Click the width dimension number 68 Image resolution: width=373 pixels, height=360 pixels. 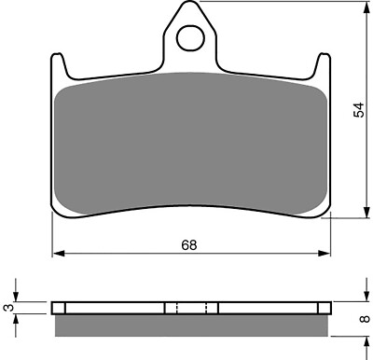click(189, 244)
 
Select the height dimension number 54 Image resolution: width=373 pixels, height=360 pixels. click(359, 110)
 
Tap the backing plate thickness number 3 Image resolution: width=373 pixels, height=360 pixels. click(9, 307)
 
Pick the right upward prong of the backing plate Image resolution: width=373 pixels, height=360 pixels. click(325, 66)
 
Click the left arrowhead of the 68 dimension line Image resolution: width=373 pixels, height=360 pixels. click(55, 253)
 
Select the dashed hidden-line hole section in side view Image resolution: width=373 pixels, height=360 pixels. click(191, 308)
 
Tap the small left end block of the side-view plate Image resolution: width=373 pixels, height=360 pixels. click(59, 308)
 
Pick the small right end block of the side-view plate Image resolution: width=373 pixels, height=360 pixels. click(325, 308)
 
